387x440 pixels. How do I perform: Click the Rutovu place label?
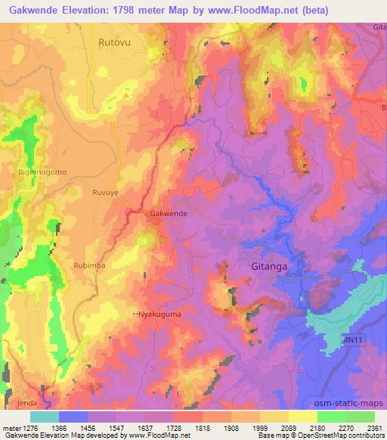tap(115, 43)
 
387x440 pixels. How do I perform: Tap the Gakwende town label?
tap(169, 214)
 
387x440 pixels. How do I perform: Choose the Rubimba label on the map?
tap(91, 265)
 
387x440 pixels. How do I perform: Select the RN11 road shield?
tap(351, 342)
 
